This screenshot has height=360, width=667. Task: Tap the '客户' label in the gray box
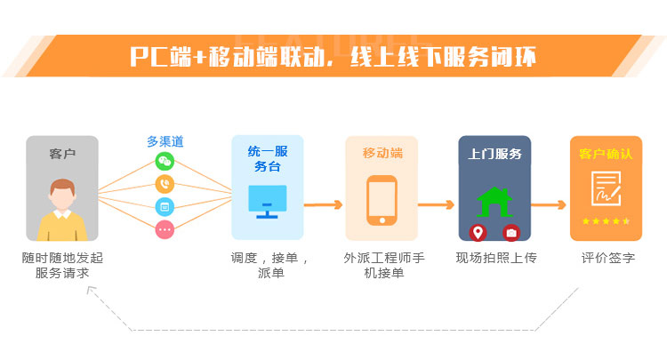(x=62, y=154)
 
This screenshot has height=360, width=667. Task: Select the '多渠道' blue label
(x=165, y=141)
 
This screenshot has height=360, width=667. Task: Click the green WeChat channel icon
(x=165, y=161)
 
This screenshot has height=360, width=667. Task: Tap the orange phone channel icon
(x=165, y=184)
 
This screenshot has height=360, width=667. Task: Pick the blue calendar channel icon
(x=165, y=207)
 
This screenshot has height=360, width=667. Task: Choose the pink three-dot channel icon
(x=165, y=229)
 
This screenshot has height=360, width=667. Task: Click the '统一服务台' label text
(x=267, y=158)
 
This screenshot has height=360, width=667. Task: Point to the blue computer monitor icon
(x=267, y=202)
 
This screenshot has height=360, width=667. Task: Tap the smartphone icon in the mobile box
(x=382, y=201)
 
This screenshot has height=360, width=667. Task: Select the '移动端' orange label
(x=382, y=153)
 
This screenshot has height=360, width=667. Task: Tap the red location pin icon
(x=478, y=233)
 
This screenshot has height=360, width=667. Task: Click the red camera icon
(x=511, y=233)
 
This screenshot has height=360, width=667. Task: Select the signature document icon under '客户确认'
(x=606, y=188)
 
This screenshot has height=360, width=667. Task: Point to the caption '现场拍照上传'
(x=496, y=259)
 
